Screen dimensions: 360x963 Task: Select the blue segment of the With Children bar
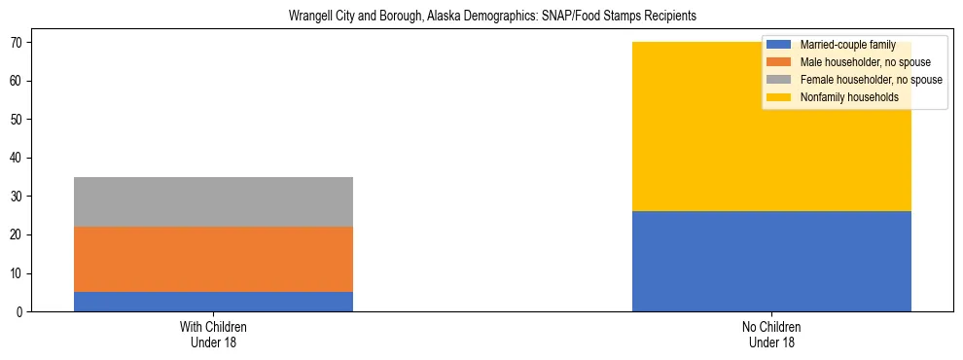(213, 302)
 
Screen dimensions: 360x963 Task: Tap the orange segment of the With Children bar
(213, 260)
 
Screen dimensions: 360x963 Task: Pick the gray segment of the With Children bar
(213, 201)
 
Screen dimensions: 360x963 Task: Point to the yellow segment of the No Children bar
(700, 146)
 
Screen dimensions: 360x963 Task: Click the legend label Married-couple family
(841, 45)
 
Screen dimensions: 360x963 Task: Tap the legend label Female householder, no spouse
(871, 80)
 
